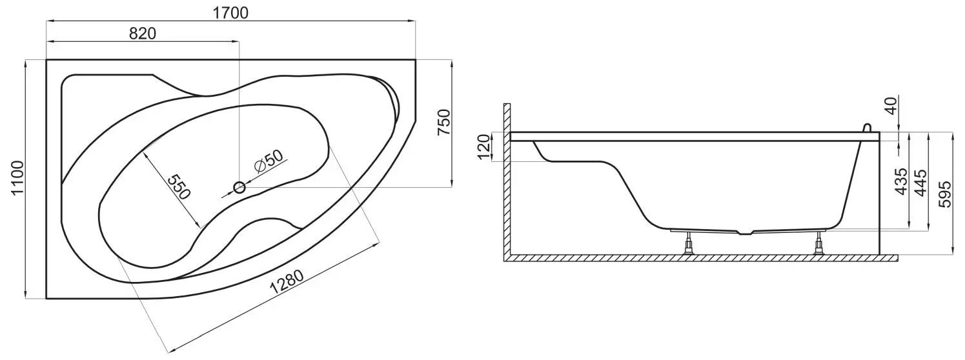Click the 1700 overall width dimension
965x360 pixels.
click(231, 13)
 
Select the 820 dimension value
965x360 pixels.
click(143, 33)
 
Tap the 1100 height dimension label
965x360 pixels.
click(17, 178)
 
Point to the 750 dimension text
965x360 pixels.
click(443, 123)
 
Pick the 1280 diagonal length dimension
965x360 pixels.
click(287, 282)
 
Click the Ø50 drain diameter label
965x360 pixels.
click(268, 161)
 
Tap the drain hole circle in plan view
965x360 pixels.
click(239, 187)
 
